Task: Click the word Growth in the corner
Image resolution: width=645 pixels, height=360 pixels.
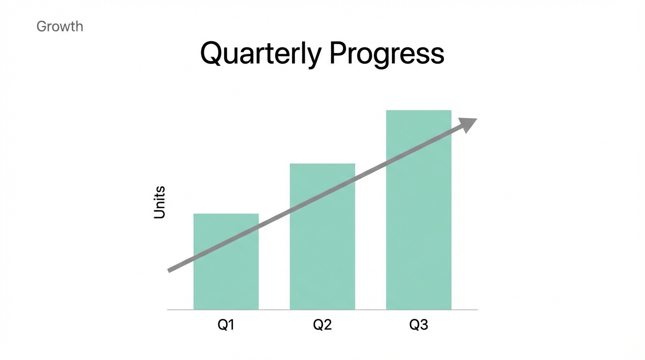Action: [60, 26]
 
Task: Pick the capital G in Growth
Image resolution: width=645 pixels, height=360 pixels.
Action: [42, 26]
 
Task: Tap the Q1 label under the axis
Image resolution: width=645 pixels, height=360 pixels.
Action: [226, 325]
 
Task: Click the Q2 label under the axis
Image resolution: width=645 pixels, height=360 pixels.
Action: [322, 325]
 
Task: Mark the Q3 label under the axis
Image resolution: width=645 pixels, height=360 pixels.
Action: [419, 325]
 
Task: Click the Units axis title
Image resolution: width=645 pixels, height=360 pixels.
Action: [160, 202]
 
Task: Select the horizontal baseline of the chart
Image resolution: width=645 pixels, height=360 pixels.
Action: [322, 310]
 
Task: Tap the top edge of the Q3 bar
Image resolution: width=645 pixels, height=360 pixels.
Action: [419, 111]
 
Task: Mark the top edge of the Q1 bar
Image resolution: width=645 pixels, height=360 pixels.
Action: [226, 214]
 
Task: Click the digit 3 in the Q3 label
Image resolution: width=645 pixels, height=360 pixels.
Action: [424, 325]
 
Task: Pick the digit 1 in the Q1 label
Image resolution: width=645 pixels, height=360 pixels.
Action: [231, 325]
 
